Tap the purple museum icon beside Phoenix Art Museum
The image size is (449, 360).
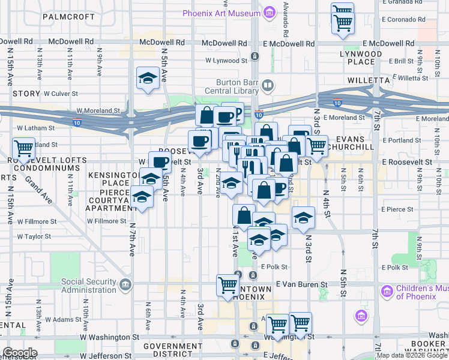pyautogui.click(x=269, y=12)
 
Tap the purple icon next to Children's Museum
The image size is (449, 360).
pyautogui.click(x=386, y=292)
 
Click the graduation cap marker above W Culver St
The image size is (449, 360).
pyautogui.click(x=147, y=78)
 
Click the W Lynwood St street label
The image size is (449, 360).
pyautogui.click(x=226, y=60)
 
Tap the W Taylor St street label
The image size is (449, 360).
pyautogui.click(x=34, y=236)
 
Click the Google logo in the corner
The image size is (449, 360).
pyautogui.click(x=19, y=353)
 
